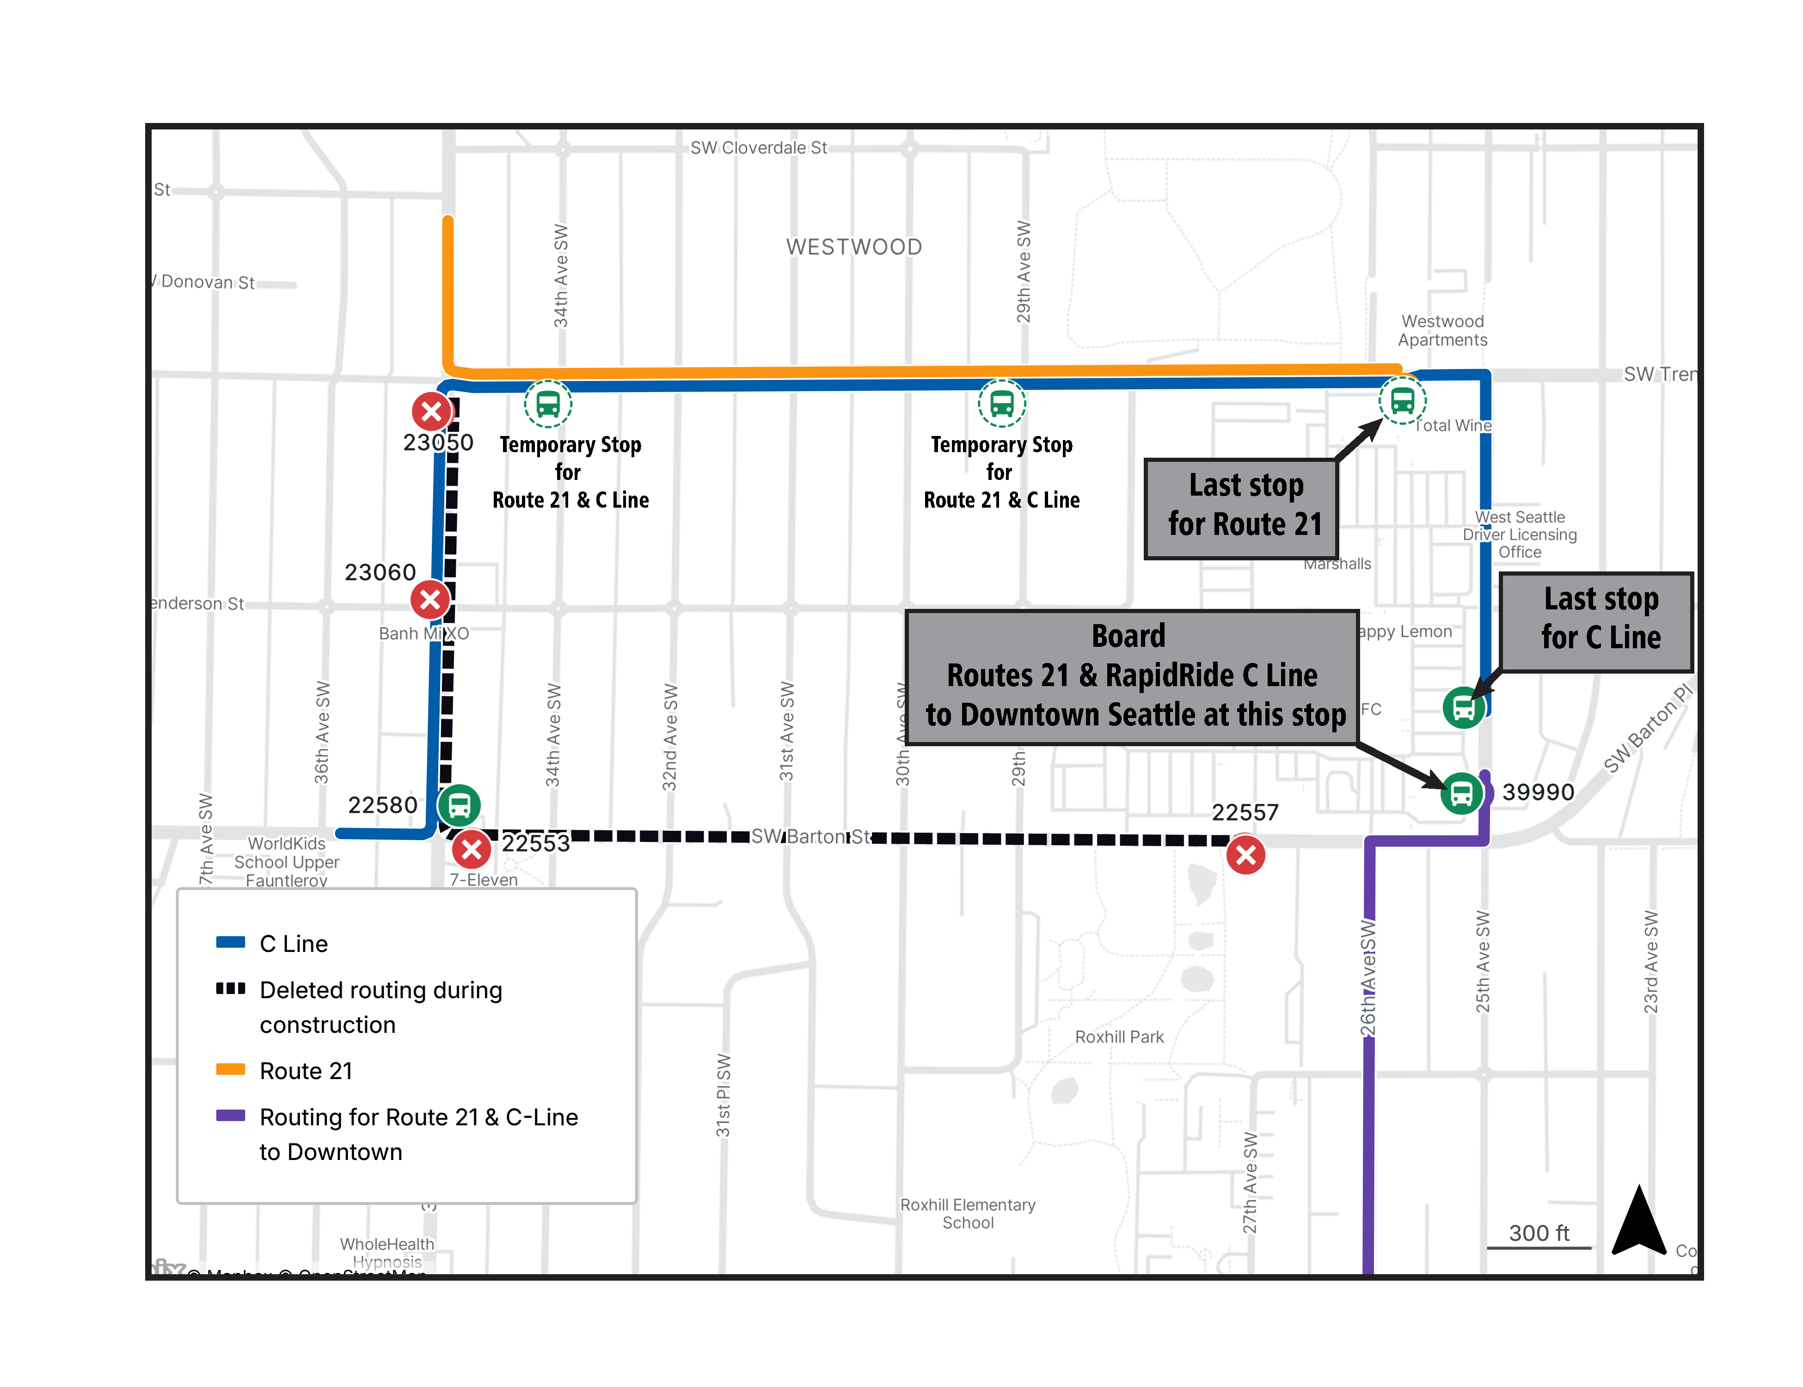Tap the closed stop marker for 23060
[x=430, y=600]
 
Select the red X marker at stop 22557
[x=1246, y=855]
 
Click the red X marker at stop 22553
[x=472, y=849]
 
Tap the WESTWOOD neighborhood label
[x=853, y=247]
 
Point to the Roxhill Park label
[x=1119, y=1037]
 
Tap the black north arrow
[x=1639, y=1222]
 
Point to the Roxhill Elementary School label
[x=968, y=1214]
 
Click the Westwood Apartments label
[x=1442, y=330]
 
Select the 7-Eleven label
[x=484, y=880]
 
